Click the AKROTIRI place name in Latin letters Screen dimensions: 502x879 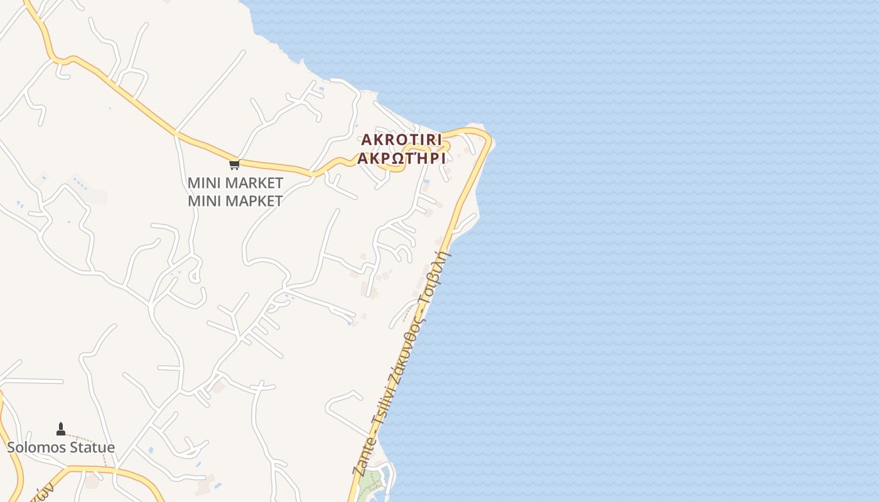tap(401, 139)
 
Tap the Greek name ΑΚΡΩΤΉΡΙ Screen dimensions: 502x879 tap(401, 158)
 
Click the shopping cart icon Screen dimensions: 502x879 tap(234, 164)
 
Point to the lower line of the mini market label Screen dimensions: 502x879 tap(235, 201)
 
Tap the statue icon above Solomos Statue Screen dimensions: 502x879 tap(61, 429)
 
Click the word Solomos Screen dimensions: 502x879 tap(34, 447)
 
